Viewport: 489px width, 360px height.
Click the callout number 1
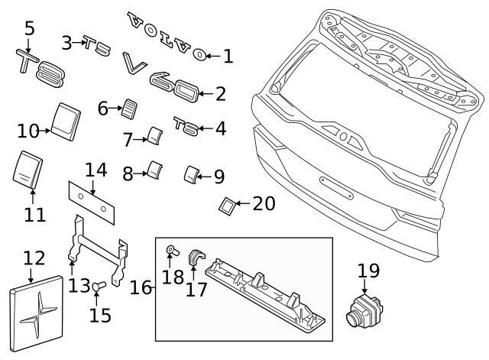click(228, 55)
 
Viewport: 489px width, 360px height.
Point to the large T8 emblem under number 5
click(42, 66)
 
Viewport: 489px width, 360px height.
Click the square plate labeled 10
click(66, 119)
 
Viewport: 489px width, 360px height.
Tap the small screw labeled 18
click(172, 250)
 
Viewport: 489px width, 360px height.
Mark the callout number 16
click(141, 287)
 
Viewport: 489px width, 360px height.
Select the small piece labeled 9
click(189, 175)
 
